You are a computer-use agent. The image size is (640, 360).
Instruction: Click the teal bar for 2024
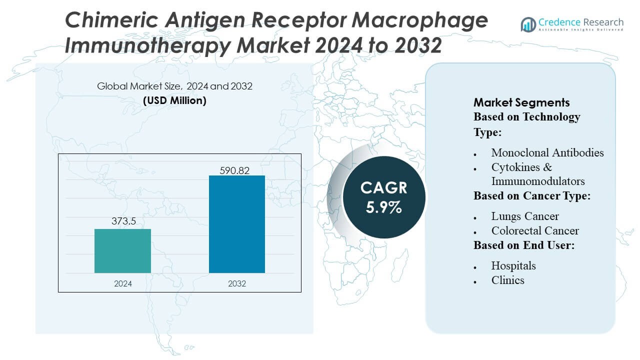[x=122, y=251]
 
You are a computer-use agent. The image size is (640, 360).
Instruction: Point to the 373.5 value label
[x=123, y=221]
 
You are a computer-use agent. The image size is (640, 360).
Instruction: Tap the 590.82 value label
[x=234, y=170]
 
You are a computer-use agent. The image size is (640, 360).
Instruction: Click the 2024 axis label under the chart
[x=123, y=283]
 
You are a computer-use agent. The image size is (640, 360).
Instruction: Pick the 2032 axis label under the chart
[x=237, y=283]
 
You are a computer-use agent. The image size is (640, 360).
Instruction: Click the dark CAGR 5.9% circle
[x=384, y=197]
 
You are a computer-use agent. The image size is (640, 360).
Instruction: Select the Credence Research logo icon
[x=528, y=24]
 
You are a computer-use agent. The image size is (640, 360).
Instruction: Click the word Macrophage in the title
[x=415, y=20]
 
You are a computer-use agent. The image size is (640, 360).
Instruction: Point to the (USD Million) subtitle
[x=174, y=100]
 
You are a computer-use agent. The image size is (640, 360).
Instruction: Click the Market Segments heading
[x=521, y=102]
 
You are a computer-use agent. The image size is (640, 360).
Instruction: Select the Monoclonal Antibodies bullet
[x=547, y=152]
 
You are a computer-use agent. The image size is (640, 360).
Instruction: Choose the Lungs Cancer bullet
[x=524, y=216]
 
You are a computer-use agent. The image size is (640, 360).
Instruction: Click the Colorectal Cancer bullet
[x=534, y=230]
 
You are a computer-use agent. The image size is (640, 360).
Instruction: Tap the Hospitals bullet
[x=513, y=265]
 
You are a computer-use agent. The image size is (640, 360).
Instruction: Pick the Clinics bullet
[x=507, y=280]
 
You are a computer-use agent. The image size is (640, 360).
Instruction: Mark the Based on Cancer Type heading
[x=532, y=196]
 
